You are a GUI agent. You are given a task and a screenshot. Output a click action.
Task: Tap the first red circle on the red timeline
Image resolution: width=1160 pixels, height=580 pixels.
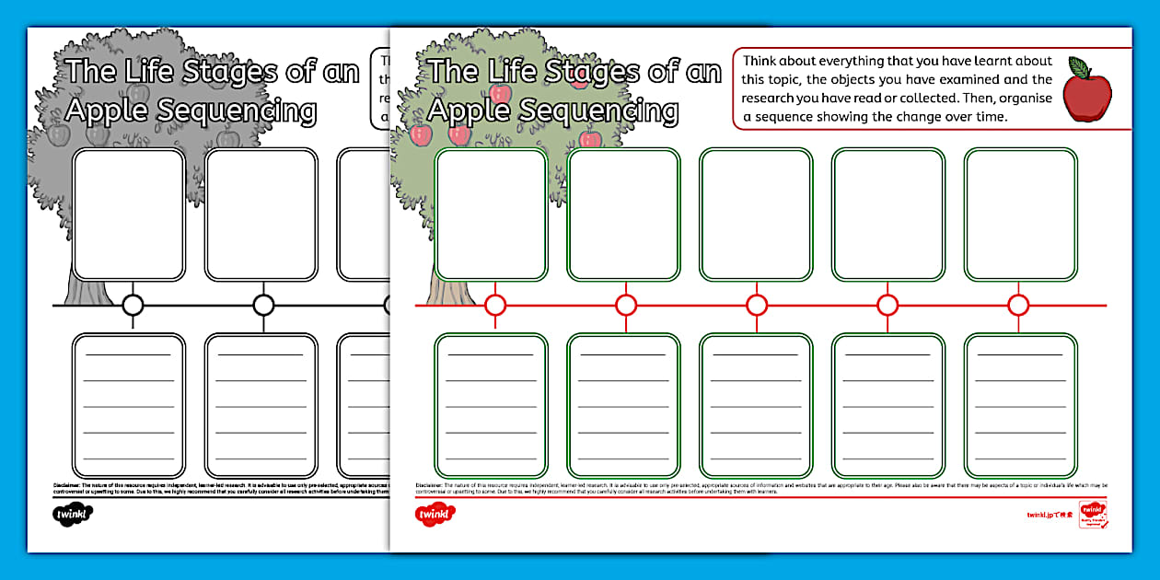tap(496, 305)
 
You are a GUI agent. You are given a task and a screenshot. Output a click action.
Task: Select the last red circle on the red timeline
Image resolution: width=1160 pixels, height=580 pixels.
tap(1018, 305)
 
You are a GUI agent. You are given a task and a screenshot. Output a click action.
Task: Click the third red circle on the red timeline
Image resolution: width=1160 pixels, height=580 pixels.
tap(757, 305)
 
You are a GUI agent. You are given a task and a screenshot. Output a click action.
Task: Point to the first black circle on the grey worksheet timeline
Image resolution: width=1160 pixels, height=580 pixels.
tap(133, 305)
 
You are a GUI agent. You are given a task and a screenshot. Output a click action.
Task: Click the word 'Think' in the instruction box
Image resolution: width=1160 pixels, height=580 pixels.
tap(762, 62)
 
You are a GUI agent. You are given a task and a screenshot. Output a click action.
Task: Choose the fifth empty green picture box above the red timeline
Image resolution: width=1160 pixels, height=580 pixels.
tap(1020, 215)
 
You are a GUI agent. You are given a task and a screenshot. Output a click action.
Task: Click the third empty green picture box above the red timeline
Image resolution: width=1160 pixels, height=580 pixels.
tap(757, 215)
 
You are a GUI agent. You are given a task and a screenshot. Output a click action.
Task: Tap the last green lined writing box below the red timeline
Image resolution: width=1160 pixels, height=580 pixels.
tap(1020, 405)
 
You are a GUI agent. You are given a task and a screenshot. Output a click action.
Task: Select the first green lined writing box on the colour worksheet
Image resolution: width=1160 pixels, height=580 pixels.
tap(491, 405)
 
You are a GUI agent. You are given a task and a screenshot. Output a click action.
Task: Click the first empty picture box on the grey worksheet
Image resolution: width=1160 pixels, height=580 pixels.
tap(129, 215)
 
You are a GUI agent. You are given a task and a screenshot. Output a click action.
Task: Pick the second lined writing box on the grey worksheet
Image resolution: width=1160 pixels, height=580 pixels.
tap(261, 405)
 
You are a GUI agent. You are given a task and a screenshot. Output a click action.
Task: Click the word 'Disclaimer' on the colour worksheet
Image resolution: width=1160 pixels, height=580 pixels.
tap(429, 484)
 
